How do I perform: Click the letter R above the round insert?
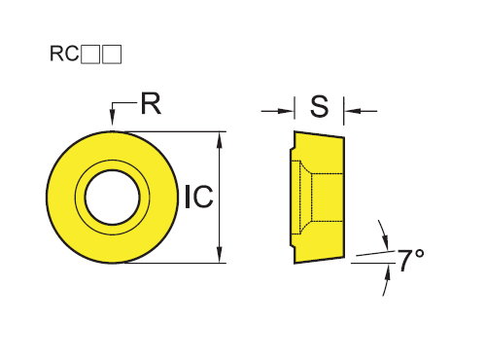[151, 103]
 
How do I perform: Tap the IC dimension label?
[199, 197]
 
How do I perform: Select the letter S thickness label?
[319, 106]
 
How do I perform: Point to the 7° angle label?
[411, 260]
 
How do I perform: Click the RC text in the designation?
[64, 54]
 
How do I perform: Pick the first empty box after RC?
[90, 54]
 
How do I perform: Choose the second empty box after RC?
[112, 54]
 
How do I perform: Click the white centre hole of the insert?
[112, 198]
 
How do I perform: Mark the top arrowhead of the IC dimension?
[220, 140]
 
